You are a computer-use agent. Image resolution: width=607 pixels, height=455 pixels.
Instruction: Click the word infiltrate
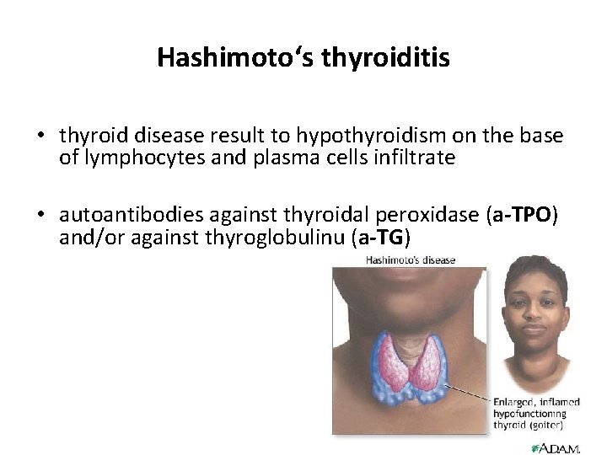(411, 158)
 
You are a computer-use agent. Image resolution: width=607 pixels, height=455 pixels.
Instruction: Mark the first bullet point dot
(40, 136)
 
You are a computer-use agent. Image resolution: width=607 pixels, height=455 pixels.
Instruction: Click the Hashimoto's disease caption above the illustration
(411, 260)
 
